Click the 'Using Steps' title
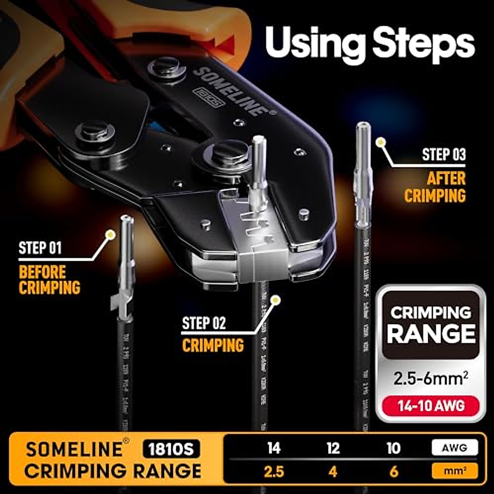point(370,42)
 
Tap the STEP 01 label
point(40,248)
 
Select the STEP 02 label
point(204,323)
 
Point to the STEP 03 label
point(444,155)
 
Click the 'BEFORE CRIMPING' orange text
point(49,280)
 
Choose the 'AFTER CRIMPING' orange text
point(435,187)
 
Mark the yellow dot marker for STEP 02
point(276,300)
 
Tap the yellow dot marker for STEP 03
point(381,142)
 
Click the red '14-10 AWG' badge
point(431,406)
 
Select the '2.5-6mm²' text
point(431,378)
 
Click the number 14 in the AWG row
point(274,448)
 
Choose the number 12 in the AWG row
point(333,448)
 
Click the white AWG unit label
point(454,448)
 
